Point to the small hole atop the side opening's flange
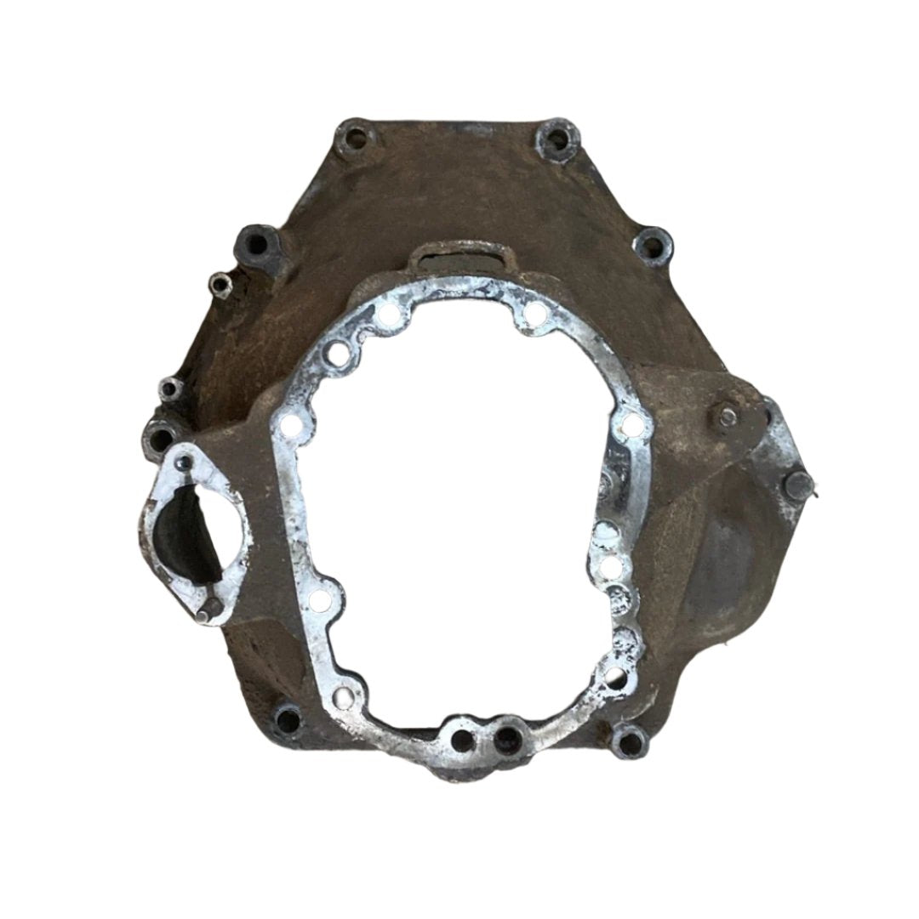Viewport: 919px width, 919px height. (183, 462)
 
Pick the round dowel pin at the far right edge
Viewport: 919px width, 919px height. (796, 486)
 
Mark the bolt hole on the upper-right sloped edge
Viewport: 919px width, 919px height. (650, 246)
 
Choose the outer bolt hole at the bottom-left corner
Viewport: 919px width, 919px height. (288, 721)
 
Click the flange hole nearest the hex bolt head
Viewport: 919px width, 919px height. (631, 423)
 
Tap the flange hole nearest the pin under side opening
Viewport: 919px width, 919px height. (319, 600)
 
